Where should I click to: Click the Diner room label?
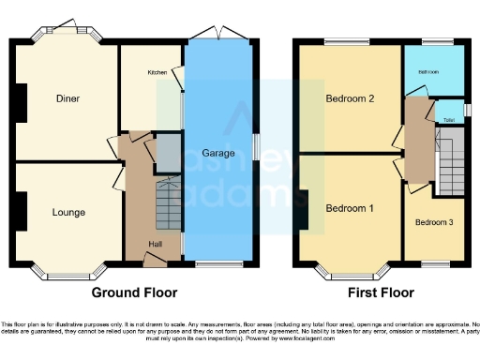67,98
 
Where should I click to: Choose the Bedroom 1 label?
350,207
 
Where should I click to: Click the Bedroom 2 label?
350,98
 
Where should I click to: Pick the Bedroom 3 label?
434,222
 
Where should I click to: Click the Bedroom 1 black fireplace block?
305,208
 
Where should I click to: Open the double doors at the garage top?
217,34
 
